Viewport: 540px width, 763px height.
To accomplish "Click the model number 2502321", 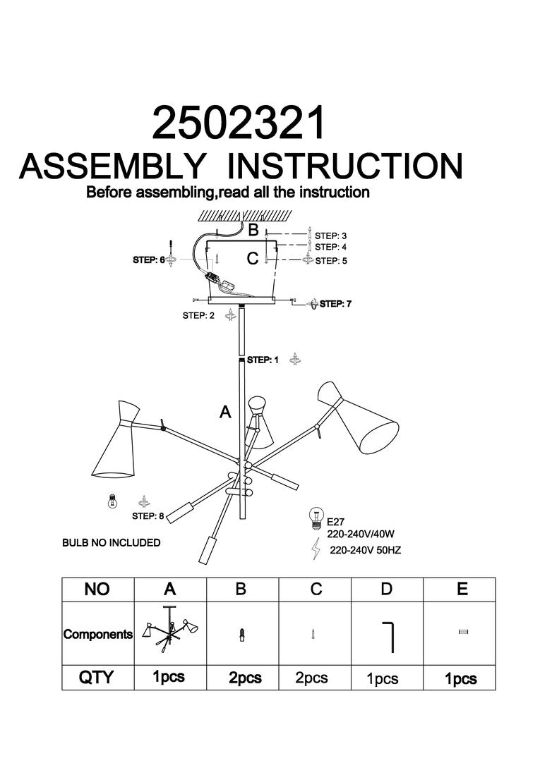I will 240,124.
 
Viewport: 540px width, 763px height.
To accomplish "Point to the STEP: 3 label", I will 331,236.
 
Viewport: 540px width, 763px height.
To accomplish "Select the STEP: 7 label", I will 335,304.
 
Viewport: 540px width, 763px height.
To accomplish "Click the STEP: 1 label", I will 263,360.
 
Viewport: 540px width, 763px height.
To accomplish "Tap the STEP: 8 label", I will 148,516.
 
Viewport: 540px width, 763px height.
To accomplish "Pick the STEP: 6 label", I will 148,260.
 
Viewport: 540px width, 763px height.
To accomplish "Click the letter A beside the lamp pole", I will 226,413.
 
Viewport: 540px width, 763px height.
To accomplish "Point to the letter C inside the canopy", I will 252,260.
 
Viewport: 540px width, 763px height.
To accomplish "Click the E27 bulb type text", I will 335,523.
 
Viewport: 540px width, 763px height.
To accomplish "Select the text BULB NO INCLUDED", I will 112,543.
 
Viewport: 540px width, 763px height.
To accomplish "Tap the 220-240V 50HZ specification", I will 365,550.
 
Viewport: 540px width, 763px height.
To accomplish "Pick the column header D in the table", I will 386,589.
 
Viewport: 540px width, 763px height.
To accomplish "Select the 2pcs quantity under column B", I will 245,678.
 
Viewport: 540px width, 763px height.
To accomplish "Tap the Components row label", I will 98,634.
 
